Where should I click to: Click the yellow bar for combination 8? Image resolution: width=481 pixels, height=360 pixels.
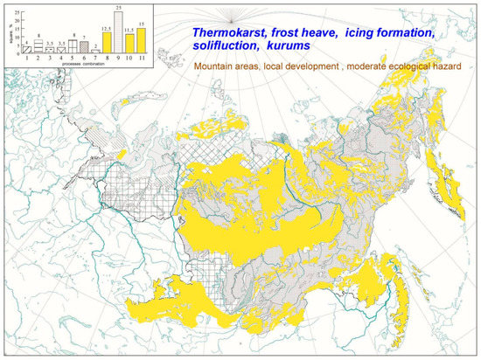pos(106,48)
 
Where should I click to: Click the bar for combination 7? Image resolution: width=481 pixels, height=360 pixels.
pos(94,58)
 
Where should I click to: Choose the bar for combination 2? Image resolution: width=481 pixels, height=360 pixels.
pos(38,49)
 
